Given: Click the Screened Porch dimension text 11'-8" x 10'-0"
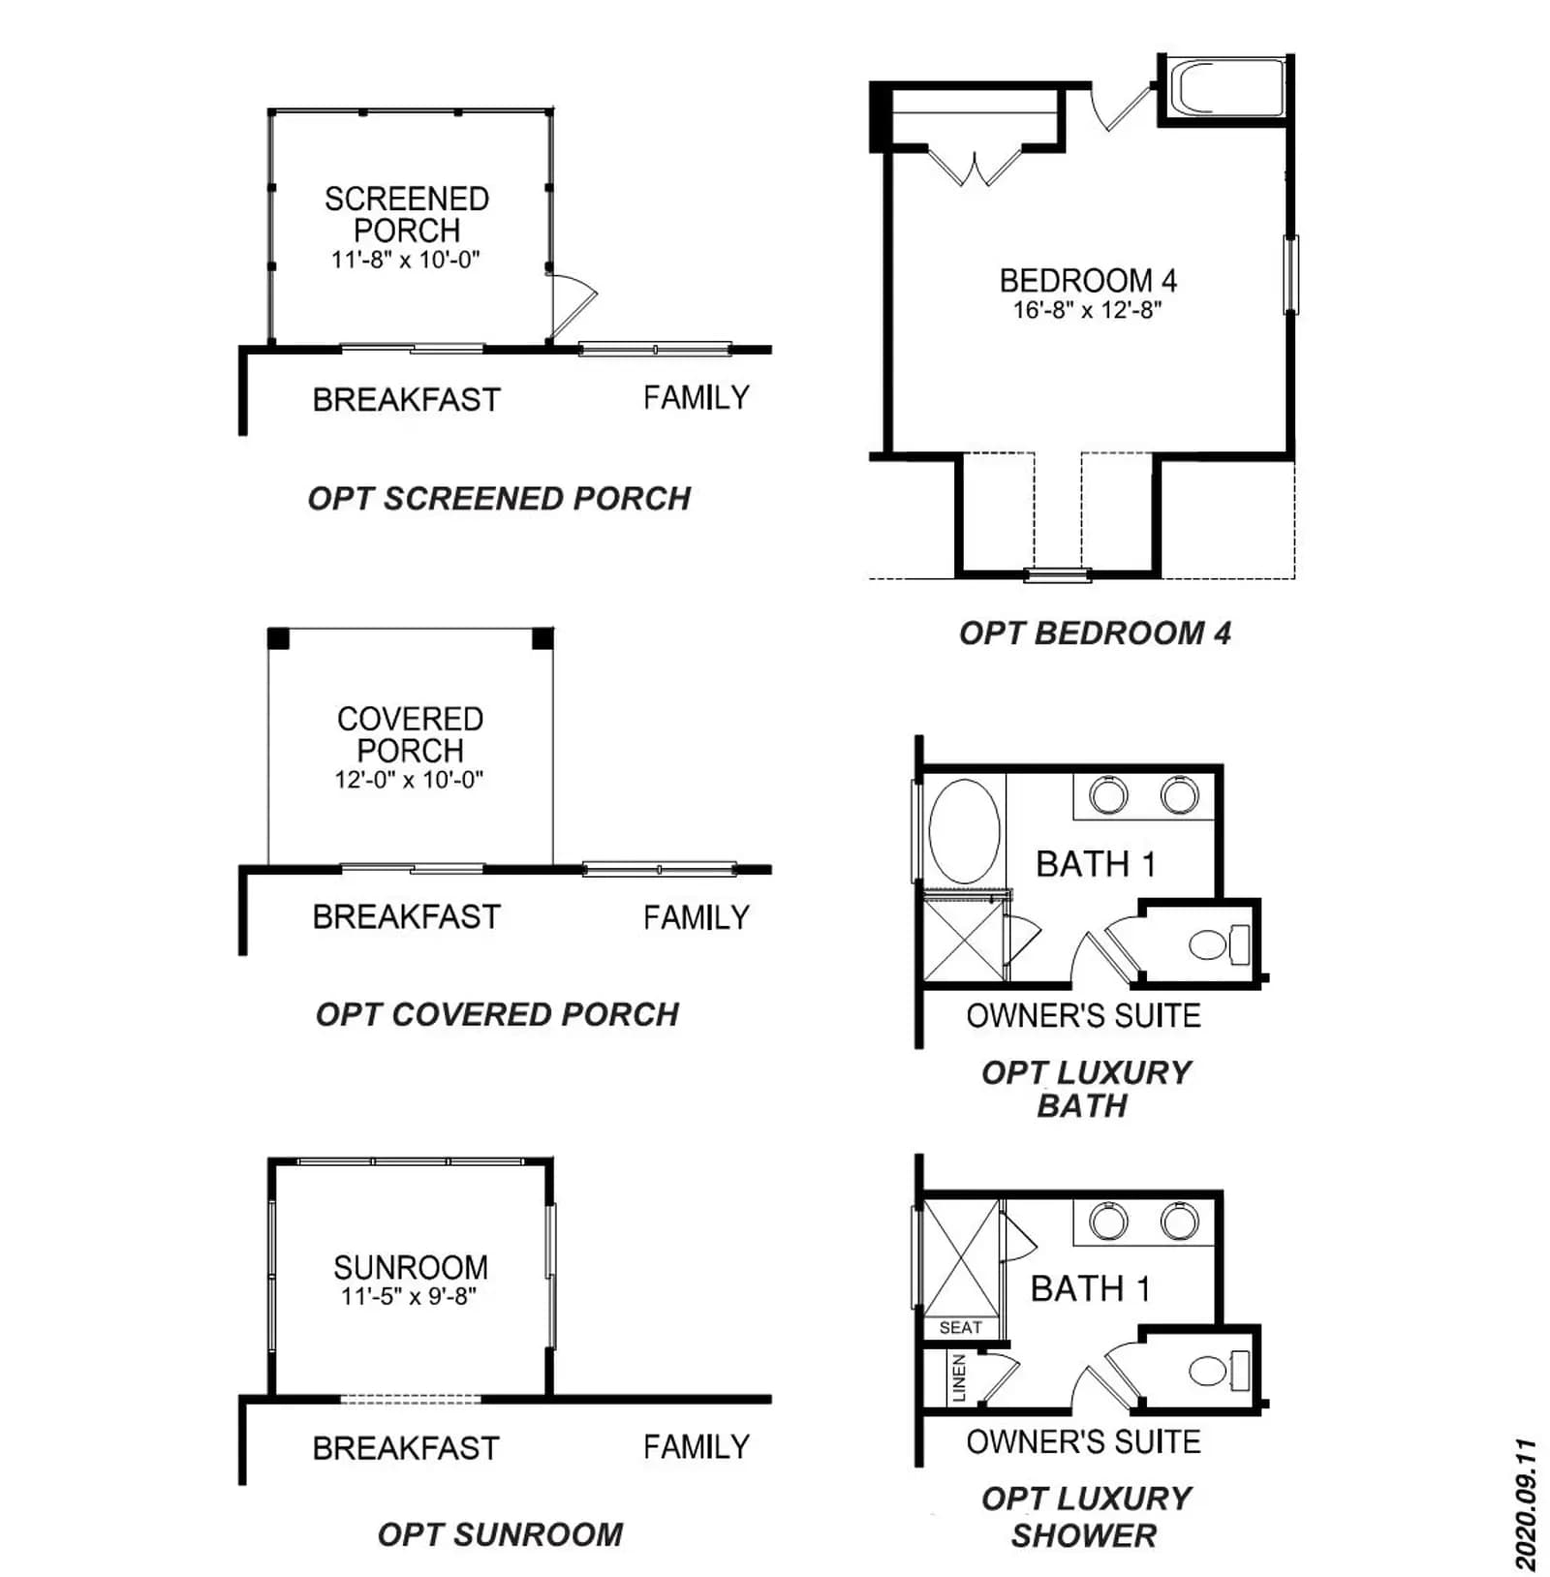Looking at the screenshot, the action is (406, 260).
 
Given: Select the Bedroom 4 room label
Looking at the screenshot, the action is (1088, 281).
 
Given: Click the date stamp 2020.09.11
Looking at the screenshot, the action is (1526, 1504).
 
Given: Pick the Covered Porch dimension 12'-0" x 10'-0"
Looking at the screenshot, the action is (409, 780).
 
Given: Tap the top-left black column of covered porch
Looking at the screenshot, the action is (279, 638).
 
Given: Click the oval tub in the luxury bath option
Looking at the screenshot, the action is (964, 831).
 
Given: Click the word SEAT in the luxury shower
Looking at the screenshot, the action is (960, 1327).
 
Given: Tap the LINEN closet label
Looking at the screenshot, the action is (959, 1378).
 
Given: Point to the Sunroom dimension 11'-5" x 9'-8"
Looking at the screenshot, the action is (409, 1296).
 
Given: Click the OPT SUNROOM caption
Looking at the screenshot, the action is (500, 1534).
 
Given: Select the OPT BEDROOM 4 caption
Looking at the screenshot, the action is (1095, 634).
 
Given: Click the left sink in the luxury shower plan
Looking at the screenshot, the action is (1108, 1221).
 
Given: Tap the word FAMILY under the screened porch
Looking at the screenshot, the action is (697, 397).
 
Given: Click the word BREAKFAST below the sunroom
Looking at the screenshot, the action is (406, 1448).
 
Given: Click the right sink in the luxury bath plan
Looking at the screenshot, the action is (1180, 796).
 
